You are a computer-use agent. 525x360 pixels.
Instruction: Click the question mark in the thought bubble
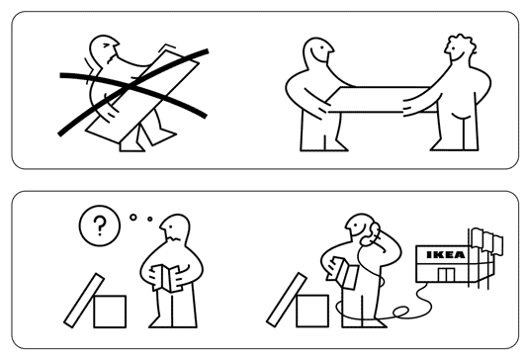pos(100,225)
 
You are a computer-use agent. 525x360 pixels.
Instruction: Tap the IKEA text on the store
pos(446,255)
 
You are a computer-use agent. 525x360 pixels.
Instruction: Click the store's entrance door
pos(446,275)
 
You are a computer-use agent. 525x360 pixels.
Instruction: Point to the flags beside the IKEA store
pos(487,239)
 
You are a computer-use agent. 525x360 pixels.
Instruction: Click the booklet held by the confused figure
pos(166,278)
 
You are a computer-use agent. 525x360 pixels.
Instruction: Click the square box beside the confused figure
pos(110,312)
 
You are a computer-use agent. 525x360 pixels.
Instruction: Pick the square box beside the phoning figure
pos(312,311)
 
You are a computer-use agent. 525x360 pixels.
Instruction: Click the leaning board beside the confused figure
pos(84,301)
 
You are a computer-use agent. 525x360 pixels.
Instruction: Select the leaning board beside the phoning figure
pos(287,300)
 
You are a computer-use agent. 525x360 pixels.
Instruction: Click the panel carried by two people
pos(382,100)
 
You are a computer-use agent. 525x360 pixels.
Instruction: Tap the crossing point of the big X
pos(129,87)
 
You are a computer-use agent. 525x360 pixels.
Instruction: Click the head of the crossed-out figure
pos(105,49)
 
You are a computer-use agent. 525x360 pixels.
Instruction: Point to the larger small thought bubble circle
pos(133,218)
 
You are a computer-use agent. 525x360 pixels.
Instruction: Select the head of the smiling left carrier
pos(318,50)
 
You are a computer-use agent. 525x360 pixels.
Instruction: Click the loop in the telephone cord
pos(401,312)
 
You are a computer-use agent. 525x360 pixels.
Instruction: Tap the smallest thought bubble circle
pos(149,219)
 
